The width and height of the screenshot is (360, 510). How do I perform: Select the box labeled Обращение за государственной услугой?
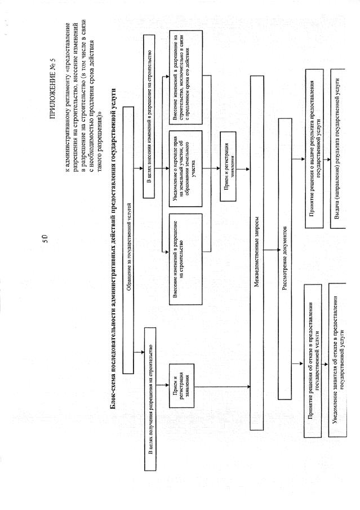[x=128, y=240]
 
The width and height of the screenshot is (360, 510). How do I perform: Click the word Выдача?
[x=339, y=218]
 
